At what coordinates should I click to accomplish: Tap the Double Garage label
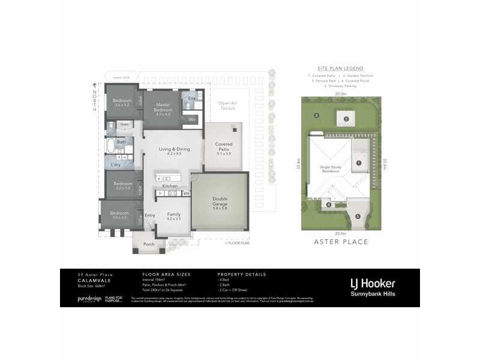click(219, 201)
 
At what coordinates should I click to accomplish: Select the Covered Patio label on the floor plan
click(224, 147)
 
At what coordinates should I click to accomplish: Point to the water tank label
click(121, 77)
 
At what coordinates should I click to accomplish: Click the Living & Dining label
click(174, 151)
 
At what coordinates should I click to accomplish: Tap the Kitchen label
click(170, 187)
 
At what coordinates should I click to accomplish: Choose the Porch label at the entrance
click(148, 244)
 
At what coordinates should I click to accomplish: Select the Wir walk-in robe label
click(192, 119)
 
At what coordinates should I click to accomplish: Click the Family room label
click(173, 217)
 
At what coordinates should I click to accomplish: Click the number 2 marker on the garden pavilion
click(346, 119)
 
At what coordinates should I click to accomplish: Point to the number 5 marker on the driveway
click(358, 217)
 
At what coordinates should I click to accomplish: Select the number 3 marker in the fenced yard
click(316, 115)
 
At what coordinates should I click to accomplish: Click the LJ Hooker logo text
click(372, 283)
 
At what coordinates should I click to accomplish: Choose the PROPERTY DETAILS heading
click(241, 274)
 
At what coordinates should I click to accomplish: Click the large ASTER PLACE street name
click(341, 242)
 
